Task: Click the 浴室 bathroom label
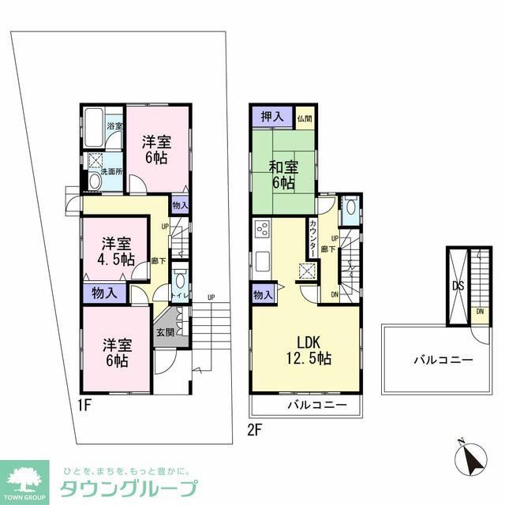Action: [114, 126]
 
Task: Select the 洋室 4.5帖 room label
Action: [116, 251]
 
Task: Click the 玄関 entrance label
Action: [164, 333]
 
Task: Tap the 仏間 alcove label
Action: [305, 118]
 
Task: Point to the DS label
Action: [458, 286]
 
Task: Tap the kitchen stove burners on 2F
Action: [263, 231]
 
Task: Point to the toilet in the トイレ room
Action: [180, 282]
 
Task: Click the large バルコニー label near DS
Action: [443, 360]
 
